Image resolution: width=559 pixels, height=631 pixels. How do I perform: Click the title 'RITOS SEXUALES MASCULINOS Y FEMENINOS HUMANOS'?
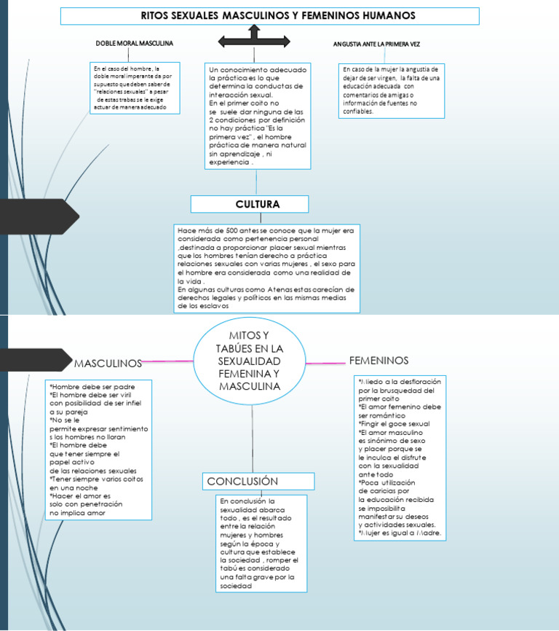click(269, 15)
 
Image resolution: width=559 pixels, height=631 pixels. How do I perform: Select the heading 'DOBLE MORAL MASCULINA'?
click(135, 44)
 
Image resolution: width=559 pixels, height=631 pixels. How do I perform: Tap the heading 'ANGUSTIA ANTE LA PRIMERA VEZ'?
click(376, 44)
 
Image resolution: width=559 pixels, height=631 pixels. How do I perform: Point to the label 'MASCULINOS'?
click(108, 362)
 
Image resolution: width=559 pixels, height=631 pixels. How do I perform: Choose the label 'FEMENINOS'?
click(378, 360)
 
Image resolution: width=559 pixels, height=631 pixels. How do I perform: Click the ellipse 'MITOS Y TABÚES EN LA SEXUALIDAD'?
click(250, 360)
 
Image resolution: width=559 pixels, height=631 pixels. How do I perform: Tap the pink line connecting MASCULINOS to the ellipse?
click(168, 361)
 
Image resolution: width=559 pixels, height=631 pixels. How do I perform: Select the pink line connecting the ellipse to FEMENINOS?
click(325, 361)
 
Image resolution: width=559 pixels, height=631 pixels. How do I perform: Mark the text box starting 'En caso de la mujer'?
click(392, 91)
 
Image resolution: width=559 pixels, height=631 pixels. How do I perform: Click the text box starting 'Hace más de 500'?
click(267, 267)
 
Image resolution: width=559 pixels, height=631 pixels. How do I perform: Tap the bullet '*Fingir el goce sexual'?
click(394, 423)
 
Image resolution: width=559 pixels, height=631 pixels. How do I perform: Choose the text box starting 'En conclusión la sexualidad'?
click(261, 543)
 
